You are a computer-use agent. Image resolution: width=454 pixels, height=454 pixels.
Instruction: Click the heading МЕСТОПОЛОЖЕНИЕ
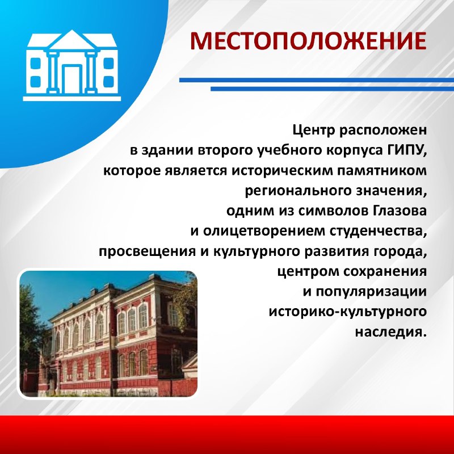[308, 40]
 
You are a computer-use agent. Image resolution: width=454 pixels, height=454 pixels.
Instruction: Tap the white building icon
[72, 65]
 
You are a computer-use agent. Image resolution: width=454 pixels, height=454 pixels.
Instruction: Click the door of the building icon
[72, 79]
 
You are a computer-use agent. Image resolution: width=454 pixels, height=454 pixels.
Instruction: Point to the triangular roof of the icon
[72, 40]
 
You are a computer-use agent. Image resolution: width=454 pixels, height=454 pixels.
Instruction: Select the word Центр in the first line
[314, 131]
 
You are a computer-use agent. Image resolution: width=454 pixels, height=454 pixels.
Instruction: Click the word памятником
[382, 171]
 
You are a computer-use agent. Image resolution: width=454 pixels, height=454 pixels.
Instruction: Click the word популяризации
[371, 292]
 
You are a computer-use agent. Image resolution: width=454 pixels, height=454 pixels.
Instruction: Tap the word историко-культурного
[348, 312]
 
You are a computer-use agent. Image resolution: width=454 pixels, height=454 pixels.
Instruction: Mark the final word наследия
[391, 332]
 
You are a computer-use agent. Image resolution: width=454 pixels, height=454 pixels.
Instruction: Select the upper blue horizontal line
[317, 80]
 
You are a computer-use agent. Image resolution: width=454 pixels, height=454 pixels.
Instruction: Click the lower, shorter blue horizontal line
[332, 89]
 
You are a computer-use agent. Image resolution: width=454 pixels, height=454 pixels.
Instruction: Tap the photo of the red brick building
[108, 334]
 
